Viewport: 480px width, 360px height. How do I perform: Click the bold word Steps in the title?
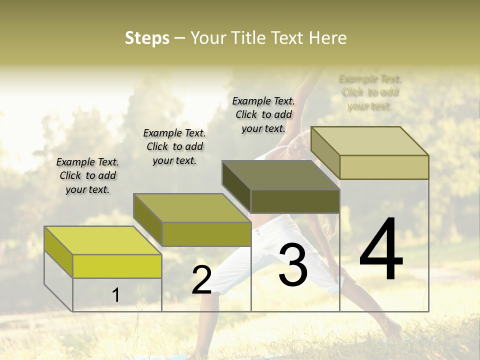click(x=147, y=38)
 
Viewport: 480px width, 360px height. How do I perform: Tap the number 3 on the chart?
click(x=293, y=264)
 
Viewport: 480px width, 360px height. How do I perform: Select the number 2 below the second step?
click(x=201, y=280)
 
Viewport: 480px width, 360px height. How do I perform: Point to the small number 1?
click(x=115, y=295)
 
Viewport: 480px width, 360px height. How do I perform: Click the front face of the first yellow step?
click(x=117, y=265)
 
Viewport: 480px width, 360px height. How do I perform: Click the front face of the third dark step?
click(x=295, y=201)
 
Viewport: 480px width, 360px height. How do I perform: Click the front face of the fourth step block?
click(x=384, y=167)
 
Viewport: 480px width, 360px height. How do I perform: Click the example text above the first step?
click(x=87, y=175)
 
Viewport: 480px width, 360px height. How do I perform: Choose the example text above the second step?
click(x=174, y=146)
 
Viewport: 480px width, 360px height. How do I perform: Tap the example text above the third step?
click(x=263, y=114)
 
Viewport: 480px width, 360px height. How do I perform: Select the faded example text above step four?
click(x=370, y=92)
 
